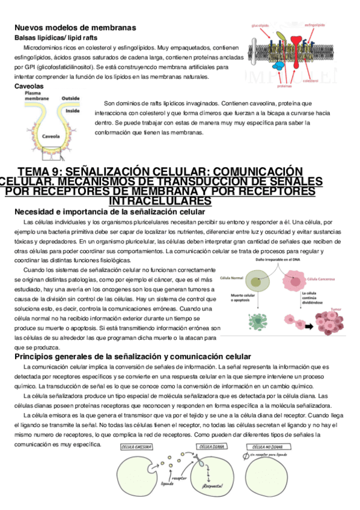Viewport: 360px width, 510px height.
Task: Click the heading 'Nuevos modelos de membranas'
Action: [75, 28]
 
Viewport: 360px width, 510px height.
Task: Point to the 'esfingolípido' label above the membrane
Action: [315, 25]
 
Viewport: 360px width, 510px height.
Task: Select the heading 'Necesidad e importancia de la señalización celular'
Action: [109, 212]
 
